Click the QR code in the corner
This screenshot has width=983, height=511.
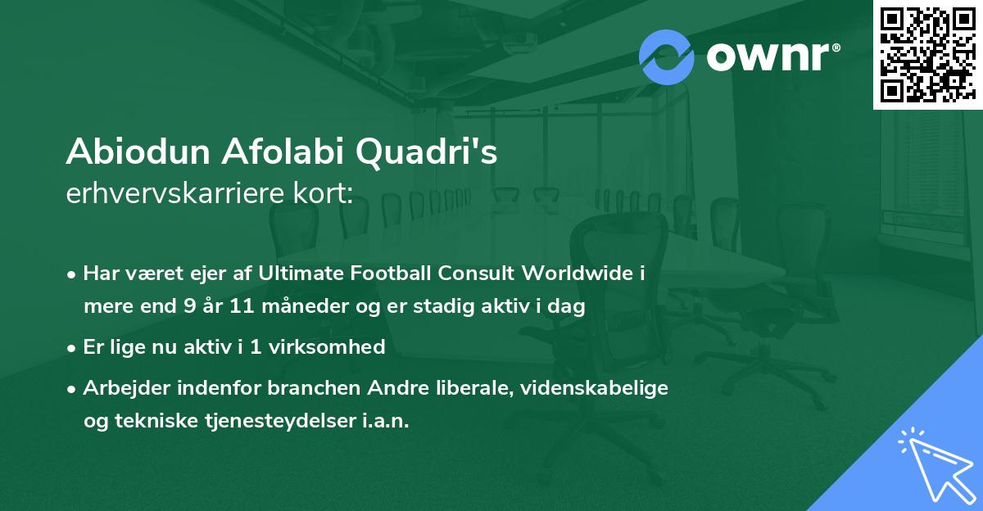pyautogui.click(x=927, y=54)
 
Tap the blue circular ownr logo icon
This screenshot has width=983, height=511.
pyautogui.click(x=667, y=57)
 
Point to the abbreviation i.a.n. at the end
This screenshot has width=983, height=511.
pyautogui.click(x=385, y=421)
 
